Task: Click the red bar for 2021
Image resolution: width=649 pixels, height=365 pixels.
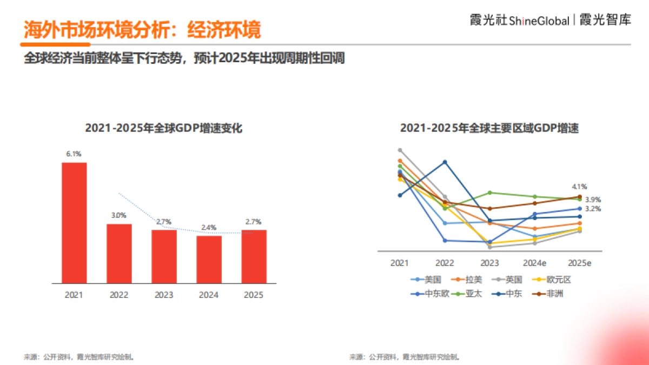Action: pyautogui.click(x=74, y=223)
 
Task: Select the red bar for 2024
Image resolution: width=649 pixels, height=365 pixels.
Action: pyautogui.click(x=209, y=260)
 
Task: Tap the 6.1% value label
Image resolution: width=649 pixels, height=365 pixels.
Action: pyautogui.click(x=74, y=154)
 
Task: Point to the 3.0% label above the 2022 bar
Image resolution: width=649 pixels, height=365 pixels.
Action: pyautogui.click(x=119, y=215)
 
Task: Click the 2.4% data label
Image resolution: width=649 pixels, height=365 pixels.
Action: pyautogui.click(x=209, y=227)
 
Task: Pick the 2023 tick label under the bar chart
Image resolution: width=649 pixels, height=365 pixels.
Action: pyautogui.click(x=164, y=295)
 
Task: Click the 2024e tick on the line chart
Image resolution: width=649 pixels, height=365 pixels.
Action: pyautogui.click(x=534, y=263)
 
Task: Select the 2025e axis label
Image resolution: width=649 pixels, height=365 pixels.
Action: pyautogui.click(x=579, y=263)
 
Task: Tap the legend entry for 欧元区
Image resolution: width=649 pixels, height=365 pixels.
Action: pyautogui.click(x=552, y=280)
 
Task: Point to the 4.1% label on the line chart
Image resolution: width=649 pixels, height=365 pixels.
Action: pyautogui.click(x=579, y=187)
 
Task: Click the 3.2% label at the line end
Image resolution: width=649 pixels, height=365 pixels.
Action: pyautogui.click(x=593, y=209)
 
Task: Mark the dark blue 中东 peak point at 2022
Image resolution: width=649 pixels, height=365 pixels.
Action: pyautogui.click(x=445, y=162)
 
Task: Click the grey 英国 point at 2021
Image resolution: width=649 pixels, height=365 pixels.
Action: pyautogui.click(x=400, y=150)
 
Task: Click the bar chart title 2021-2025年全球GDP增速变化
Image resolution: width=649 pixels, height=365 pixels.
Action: pyautogui.click(x=164, y=129)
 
